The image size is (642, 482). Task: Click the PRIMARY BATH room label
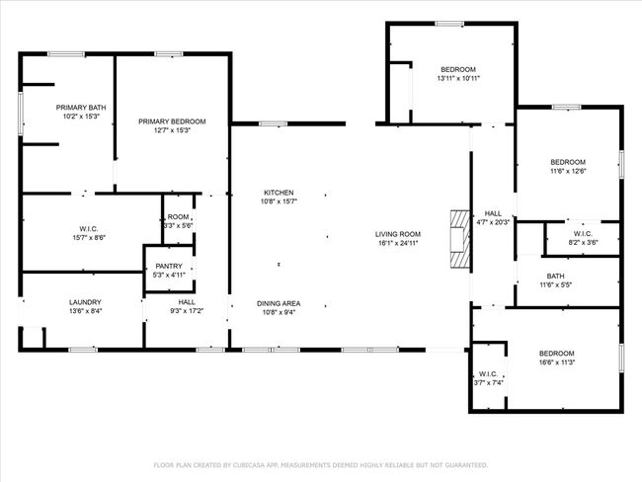(x=81, y=108)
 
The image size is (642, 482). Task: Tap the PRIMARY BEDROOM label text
(x=172, y=121)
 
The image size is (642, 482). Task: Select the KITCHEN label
(x=279, y=193)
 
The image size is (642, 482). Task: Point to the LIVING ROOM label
(x=398, y=234)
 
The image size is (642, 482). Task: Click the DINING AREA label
(x=279, y=303)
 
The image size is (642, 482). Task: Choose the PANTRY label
(x=169, y=266)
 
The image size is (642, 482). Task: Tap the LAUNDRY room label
(x=85, y=302)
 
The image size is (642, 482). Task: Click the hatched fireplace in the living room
(x=460, y=240)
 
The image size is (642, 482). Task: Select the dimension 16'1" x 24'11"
(x=398, y=243)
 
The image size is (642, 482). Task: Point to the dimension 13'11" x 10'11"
(x=458, y=79)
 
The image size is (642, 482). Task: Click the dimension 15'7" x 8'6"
(x=89, y=238)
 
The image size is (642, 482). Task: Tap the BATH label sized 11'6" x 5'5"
(x=556, y=276)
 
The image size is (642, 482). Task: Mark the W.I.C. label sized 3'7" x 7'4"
(x=489, y=374)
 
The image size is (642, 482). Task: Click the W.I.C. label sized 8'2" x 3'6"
(x=583, y=233)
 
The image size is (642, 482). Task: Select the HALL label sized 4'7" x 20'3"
(x=493, y=213)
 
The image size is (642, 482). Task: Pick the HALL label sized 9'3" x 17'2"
(x=187, y=302)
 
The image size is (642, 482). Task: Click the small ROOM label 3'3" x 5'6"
(x=179, y=216)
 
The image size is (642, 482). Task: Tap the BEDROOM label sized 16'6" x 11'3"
(x=556, y=353)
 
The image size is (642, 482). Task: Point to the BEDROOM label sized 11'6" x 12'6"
(x=568, y=162)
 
